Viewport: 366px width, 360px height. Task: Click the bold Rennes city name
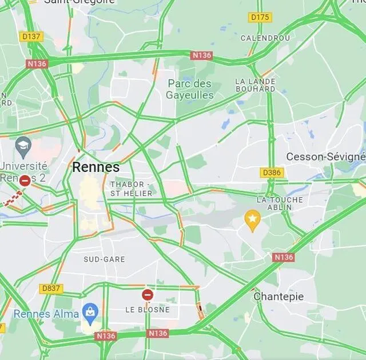(x=96, y=167)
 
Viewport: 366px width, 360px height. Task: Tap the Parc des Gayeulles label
(x=190, y=90)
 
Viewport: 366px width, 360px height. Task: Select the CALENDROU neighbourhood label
(x=265, y=38)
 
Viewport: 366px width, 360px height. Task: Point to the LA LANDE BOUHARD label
(x=255, y=85)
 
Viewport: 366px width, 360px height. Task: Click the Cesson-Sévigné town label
(x=325, y=157)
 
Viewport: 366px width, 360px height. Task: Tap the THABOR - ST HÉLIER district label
(x=131, y=189)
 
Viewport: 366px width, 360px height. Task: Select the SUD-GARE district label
(x=104, y=259)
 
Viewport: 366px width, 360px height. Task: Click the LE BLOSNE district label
(x=148, y=309)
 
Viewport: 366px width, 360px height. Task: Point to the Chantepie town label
(x=279, y=297)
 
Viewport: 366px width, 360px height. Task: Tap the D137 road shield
(x=31, y=37)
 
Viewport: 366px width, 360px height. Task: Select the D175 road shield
(x=260, y=18)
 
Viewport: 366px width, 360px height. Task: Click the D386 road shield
(x=272, y=172)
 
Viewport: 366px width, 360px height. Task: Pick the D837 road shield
(x=51, y=289)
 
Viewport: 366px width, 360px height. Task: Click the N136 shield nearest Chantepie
(x=284, y=257)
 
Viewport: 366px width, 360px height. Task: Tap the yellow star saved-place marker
(x=252, y=218)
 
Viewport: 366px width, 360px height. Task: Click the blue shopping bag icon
(x=90, y=311)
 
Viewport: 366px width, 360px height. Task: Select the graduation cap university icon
(x=23, y=145)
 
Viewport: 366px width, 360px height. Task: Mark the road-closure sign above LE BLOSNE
(x=148, y=295)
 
